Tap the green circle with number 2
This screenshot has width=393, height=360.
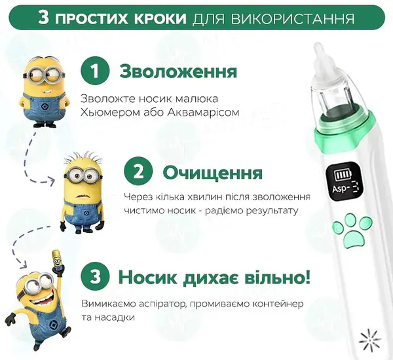[139, 173]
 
